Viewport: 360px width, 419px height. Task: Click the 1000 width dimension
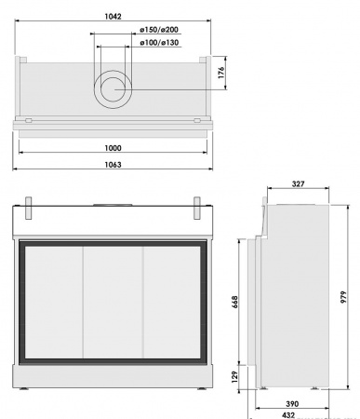[x=113, y=147]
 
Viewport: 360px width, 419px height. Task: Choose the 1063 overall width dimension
[x=113, y=164]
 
